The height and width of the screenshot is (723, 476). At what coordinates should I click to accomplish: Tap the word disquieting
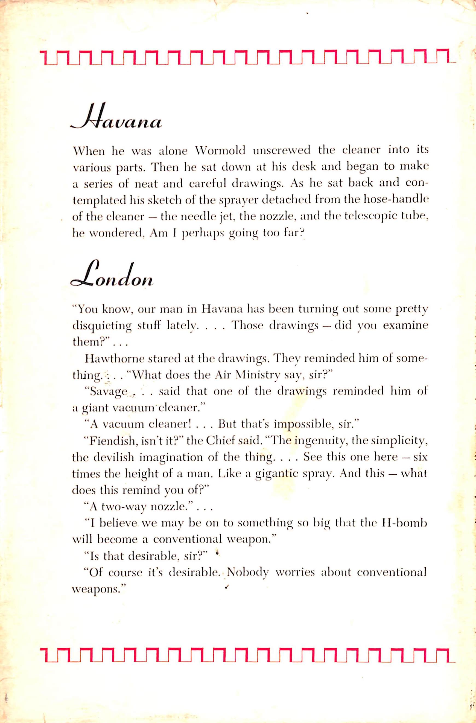point(103,326)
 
